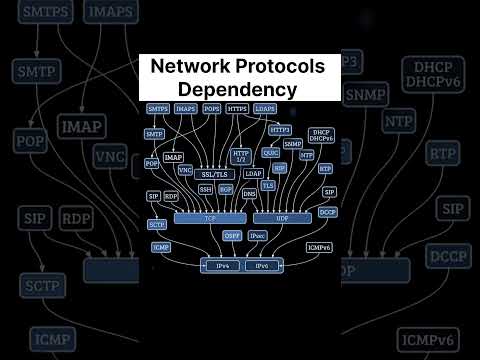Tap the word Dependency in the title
[x=239, y=88]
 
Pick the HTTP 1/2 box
[x=240, y=156]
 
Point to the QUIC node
[x=270, y=153]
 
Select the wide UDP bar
[x=267, y=217]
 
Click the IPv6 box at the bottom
[x=262, y=266]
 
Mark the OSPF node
[x=232, y=236]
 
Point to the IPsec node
[x=258, y=236]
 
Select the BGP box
[x=226, y=188]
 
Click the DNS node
[x=249, y=193]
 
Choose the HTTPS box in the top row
[x=237, y=108]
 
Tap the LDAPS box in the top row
[x=265, y=108]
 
